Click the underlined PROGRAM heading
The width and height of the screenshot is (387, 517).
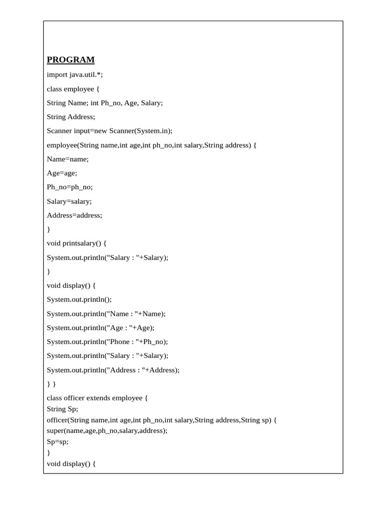(x=71, y=60)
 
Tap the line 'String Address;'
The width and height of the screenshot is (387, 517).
(x=71, y=117)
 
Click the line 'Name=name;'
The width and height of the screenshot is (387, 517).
(x=68, y=159)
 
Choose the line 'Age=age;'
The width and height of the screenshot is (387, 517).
(x=62, y=173)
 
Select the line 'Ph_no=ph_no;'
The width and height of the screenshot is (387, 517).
(x=70, y=187)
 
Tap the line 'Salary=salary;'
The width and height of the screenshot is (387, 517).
(x=70, y=201)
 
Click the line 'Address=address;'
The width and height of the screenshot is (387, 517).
(x=75, y=215)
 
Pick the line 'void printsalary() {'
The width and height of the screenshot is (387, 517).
(x=77, y=243)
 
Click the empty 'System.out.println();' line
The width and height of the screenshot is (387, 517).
(x=80, y=299)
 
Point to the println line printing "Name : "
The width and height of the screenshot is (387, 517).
(x=106, y=314)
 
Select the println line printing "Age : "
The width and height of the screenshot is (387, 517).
(x=101, y=328)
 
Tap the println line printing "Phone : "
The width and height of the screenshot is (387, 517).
(x=107, y=342)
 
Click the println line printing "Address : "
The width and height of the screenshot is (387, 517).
(x=113, y=370)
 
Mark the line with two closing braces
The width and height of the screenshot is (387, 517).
(x=51, y=384)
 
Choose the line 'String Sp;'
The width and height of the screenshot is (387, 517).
(x=62, y=409)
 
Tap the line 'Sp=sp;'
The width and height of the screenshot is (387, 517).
(x=57, y=441)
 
